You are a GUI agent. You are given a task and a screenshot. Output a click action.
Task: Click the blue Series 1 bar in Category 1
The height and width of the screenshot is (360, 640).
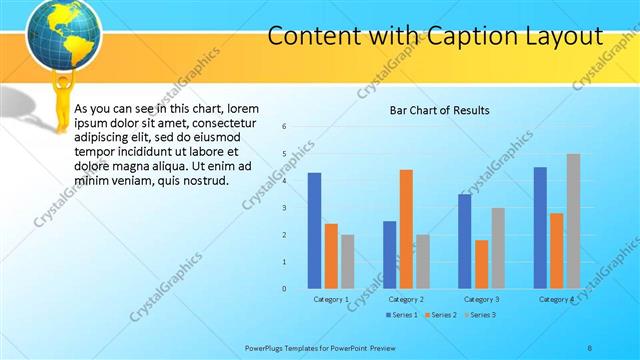pyautogui.click(x=314, y=231)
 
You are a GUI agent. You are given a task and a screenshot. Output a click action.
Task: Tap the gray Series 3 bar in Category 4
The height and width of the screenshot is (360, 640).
pyautogui.click(x=573, y=221)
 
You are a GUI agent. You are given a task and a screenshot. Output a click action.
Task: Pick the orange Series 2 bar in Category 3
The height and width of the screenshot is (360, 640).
pyautogui.click(x=481, y=264)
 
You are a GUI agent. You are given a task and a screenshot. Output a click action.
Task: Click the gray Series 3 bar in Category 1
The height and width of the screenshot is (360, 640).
pyautogui.click(x=347, y=261)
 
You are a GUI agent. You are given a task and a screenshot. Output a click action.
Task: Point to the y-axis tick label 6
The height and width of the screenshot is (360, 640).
pyautogui.click(x=285, y=127)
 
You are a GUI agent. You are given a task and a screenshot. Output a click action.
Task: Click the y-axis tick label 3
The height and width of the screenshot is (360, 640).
pyautogui.click(x=285, y=208)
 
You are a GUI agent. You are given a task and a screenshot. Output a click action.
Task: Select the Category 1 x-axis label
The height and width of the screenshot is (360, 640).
pyautogui.click(x=331, y=299)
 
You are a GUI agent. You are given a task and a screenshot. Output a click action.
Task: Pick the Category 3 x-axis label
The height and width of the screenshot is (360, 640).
pyautogui.click(x=481, y=299)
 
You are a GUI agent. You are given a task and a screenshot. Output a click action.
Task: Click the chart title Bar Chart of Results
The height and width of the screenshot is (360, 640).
pyautogui.click(x=439, y=110)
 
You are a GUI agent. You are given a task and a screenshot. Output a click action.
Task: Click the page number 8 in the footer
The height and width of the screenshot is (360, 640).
pyautogui.click(x=590, y=347)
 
